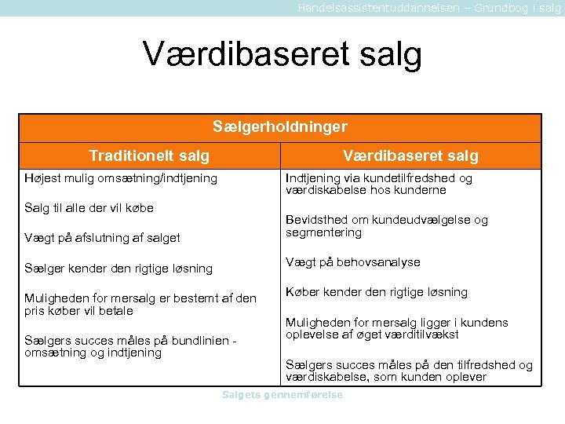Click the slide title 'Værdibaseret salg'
[282, 54]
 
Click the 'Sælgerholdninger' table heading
[280, 126]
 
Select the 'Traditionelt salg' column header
[149, 155]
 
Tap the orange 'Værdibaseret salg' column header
[410, 155]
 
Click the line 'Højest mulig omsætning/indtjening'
[121, 178]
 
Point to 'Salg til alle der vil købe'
[89, 208]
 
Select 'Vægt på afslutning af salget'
[102, 238]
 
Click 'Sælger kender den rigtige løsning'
[118, 269]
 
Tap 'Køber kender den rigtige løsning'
[377, 292]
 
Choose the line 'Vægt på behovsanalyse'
[353, 262]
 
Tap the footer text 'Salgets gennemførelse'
[282, 395]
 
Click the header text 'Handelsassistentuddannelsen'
[374, 7]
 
